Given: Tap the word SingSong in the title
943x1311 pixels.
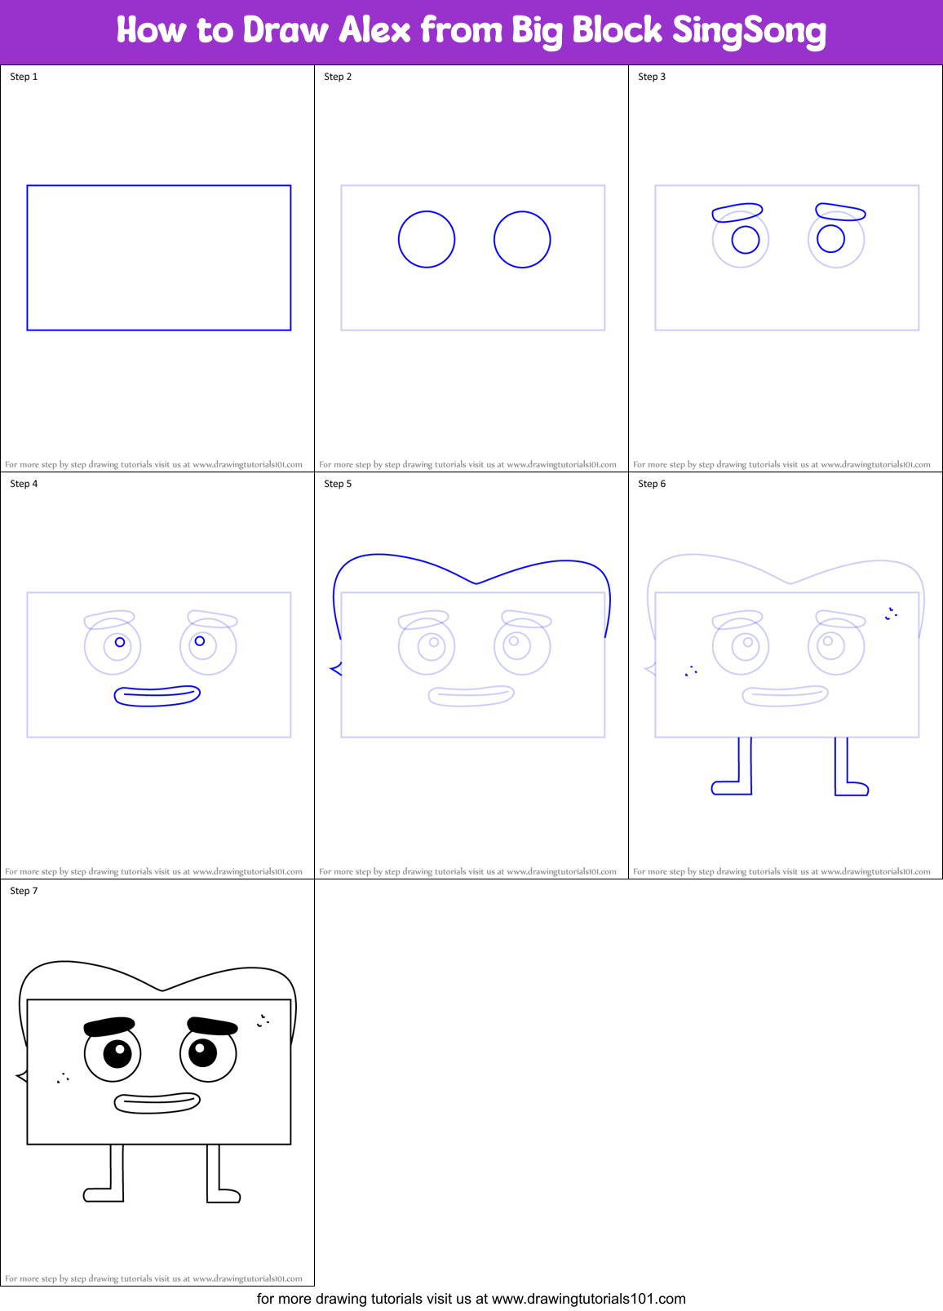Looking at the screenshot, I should (749, 31).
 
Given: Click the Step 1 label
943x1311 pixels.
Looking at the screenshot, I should (24, 77).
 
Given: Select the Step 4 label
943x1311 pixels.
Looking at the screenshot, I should (24, 484).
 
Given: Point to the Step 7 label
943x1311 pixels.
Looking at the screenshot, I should (24, 891).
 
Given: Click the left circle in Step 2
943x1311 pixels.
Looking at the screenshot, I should (427, 239).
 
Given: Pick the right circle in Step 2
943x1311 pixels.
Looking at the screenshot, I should (522, 239).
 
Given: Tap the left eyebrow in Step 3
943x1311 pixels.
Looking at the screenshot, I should (737, 213).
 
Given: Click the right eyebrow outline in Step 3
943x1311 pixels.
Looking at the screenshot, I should (840, 212).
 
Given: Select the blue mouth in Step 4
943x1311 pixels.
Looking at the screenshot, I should (157, 695).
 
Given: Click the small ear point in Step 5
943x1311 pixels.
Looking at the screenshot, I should (334, 669).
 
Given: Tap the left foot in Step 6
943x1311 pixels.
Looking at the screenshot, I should (731, 787).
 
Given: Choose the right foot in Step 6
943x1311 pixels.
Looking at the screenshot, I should (852, 788).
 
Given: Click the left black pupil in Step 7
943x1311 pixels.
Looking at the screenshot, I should (117, 1053).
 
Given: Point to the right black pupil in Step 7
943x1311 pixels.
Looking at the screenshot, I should (203, 1052).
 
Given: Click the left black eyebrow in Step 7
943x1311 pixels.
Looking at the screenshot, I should (109, 1025).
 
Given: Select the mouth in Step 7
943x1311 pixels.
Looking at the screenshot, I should (157, 1102).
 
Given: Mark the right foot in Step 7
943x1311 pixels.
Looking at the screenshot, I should (224, 1195).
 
